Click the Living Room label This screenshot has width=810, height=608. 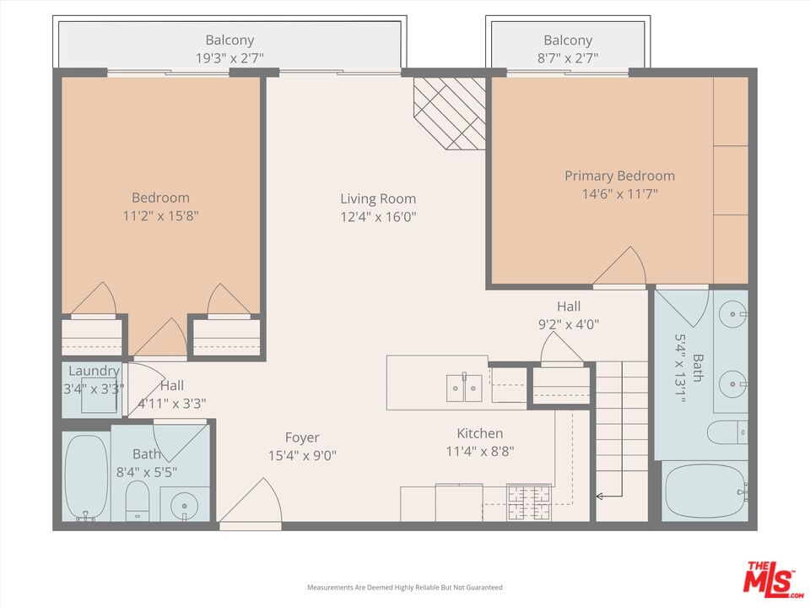click(378, 198)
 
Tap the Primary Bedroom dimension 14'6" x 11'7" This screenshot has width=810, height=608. click(619, 193)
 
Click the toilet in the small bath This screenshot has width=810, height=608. click(137, 502)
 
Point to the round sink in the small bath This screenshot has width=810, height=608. click(184, 507)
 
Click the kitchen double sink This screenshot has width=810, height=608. click(464, 388)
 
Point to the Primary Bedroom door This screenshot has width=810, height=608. click(620, 267)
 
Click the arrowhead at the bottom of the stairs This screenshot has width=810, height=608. click(600, 497)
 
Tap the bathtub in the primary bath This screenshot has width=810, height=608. click(705, 491)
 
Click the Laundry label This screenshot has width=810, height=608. click(94, 371)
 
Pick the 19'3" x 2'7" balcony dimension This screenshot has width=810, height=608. click(229, 58)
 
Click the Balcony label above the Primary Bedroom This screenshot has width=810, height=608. click(568, 40)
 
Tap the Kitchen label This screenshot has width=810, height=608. click(480, 433)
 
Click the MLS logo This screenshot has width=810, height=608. click(769, 578)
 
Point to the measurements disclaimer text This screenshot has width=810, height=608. click(404, 587)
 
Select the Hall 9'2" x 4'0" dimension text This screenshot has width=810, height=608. click(569, 323)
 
